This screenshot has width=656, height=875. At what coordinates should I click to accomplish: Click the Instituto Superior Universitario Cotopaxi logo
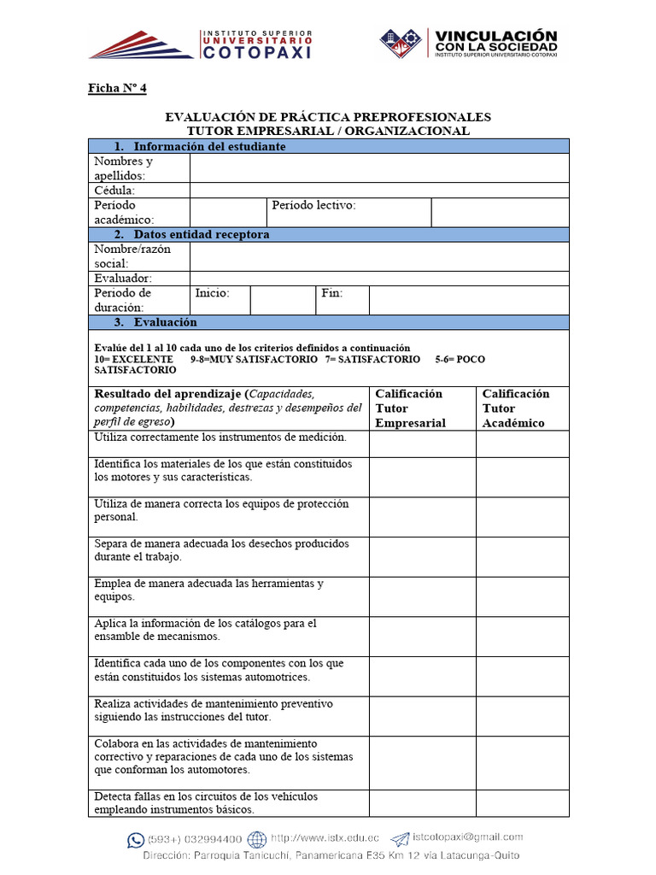tap(201, 44)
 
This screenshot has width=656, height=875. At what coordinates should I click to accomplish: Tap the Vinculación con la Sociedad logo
tap(468, 43)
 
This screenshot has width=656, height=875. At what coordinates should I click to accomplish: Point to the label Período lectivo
tap(313, 205)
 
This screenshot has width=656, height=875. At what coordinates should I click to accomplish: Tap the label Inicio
tap(212, 293)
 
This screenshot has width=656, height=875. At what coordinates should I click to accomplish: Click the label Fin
tap(331, 293)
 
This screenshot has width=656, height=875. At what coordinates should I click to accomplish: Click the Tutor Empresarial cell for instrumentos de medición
tap(422, 443)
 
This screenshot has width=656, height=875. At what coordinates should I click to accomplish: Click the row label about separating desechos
tap(221, 549)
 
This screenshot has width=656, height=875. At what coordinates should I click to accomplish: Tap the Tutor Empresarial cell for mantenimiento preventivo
tap(422, 716)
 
